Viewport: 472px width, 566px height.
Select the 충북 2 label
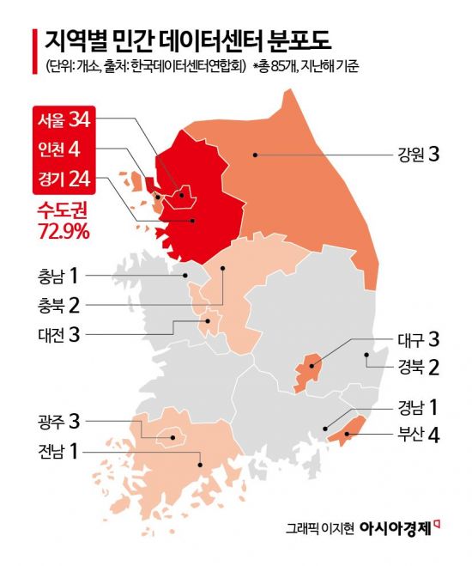coord(57,303)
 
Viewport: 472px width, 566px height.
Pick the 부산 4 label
coord(418,435)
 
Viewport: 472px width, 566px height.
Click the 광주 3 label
coord(57,421)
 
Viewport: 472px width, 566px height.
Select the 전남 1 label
coord(57,450)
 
